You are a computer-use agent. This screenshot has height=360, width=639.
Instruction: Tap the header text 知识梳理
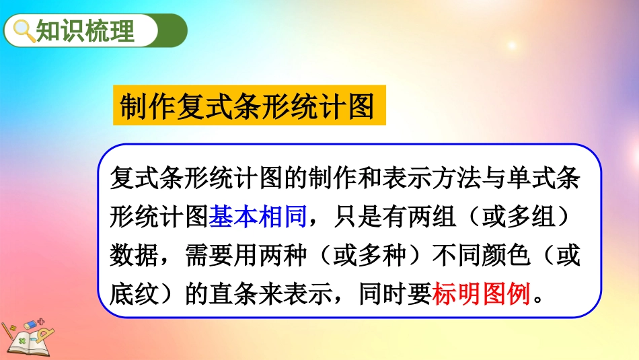tap(85, 30)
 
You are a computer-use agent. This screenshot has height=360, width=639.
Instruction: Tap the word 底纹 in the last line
tap(134, 293)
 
